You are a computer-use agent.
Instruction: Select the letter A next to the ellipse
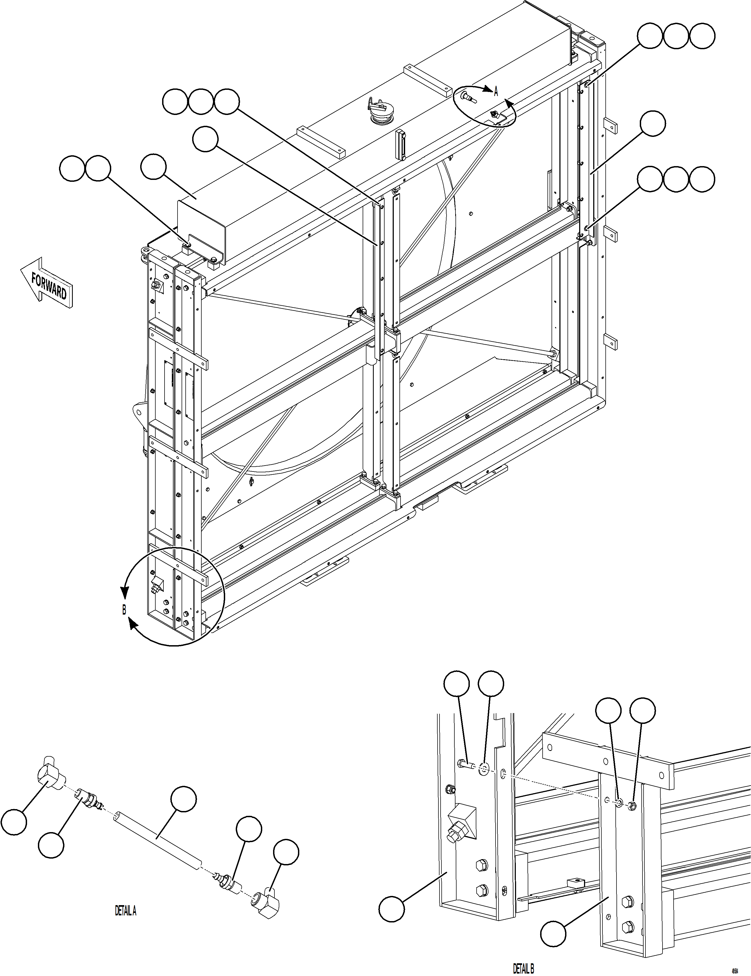496,92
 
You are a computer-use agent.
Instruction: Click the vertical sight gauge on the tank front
401,143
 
